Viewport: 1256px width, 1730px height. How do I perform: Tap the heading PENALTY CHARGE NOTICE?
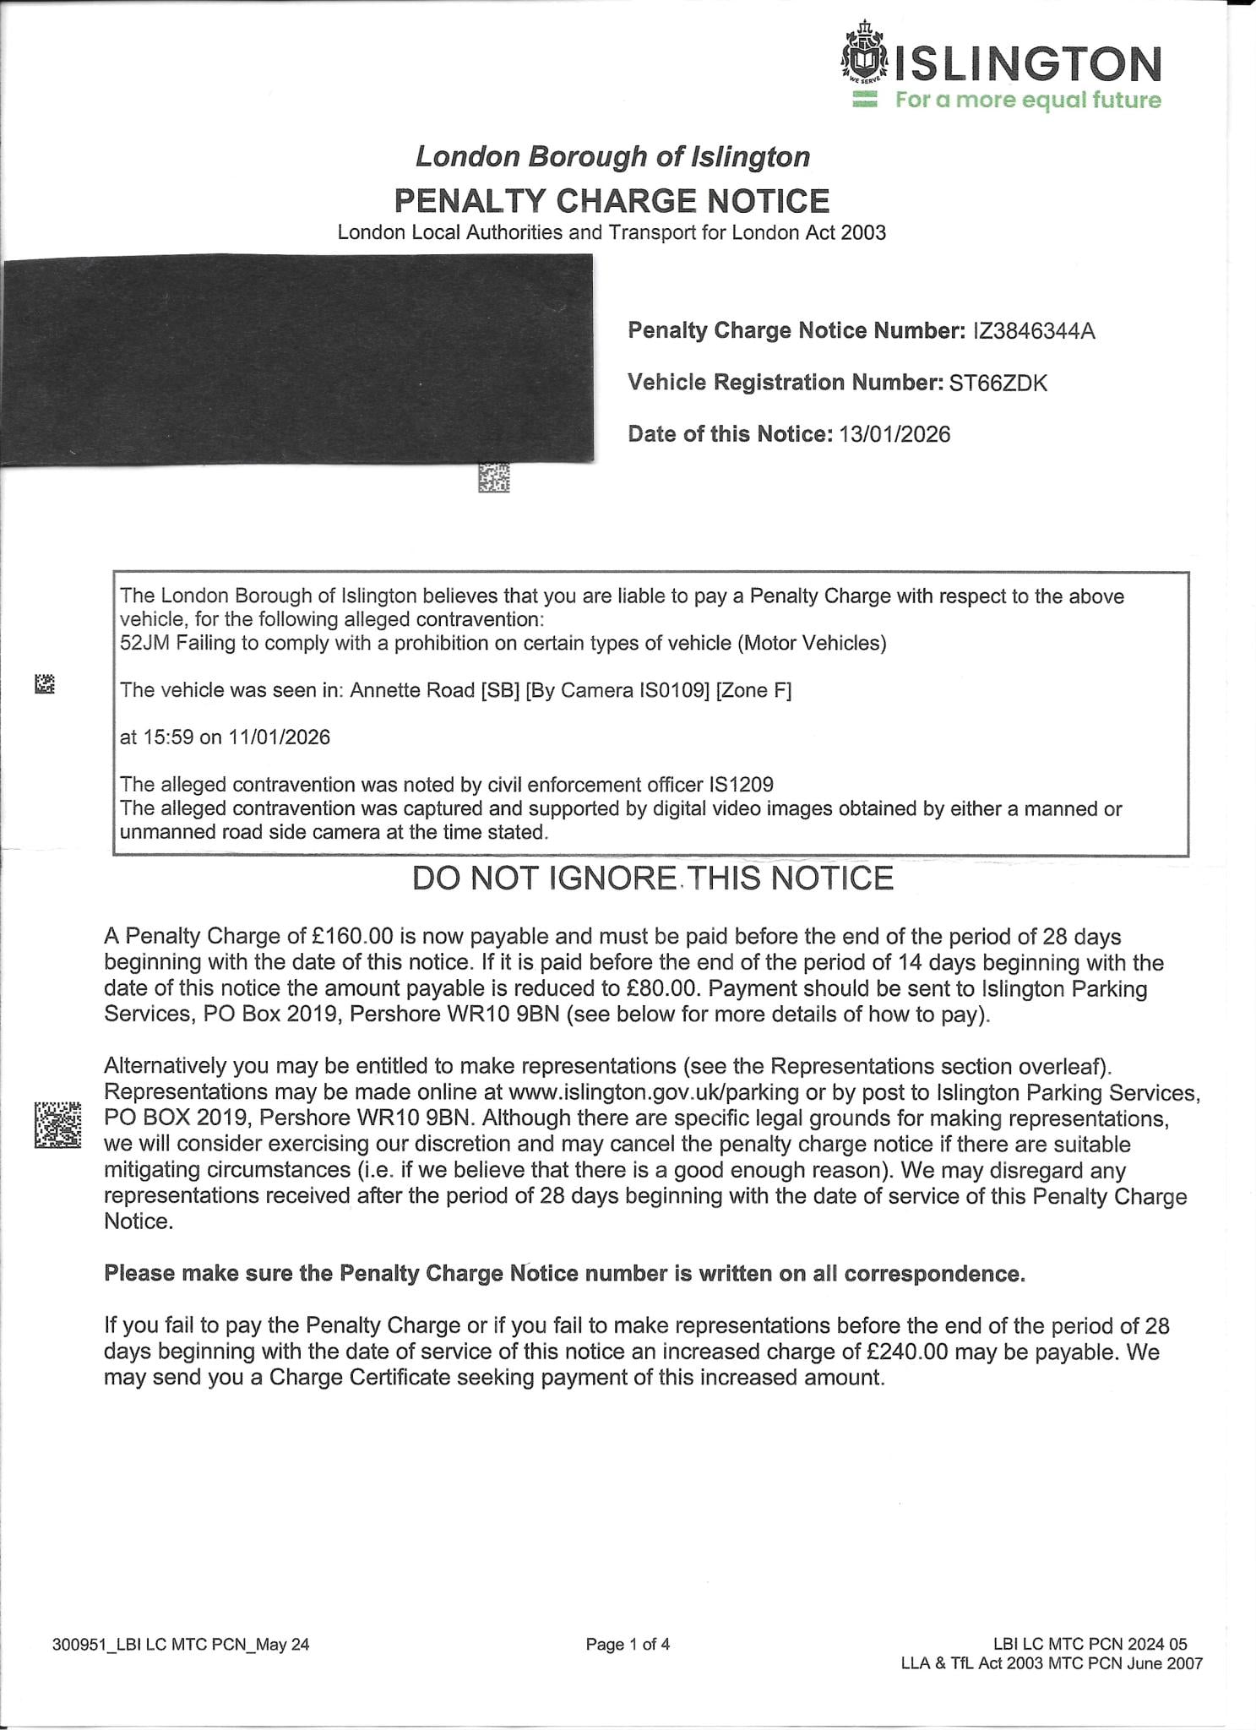click(612, 201)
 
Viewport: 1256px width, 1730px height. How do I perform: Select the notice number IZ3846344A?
click(1034, 331)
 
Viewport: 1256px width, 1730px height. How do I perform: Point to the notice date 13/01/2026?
click(894, 434)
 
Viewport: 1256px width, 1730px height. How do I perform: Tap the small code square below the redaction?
click(494, 477)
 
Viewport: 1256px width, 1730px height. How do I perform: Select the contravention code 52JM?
click(144, 644)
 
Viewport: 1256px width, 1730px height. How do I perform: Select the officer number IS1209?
click(741, 785)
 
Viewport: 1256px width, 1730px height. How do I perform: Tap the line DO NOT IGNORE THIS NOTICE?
click(652, 879)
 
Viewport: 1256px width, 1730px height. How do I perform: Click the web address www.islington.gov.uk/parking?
click(654, 1092)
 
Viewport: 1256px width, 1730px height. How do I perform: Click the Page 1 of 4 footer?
click(628, 1644)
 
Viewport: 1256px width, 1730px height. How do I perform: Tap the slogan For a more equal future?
click(1028, 101)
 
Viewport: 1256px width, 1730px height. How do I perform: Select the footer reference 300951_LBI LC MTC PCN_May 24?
click(181, 1644)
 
